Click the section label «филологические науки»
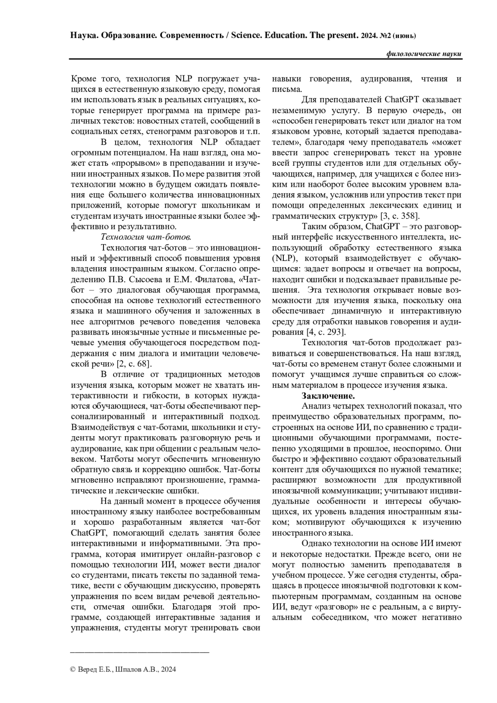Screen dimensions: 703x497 tap(423, 54)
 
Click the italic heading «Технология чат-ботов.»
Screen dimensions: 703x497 tap(146, 237)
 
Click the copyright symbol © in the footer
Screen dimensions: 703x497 tap(73, 669)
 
